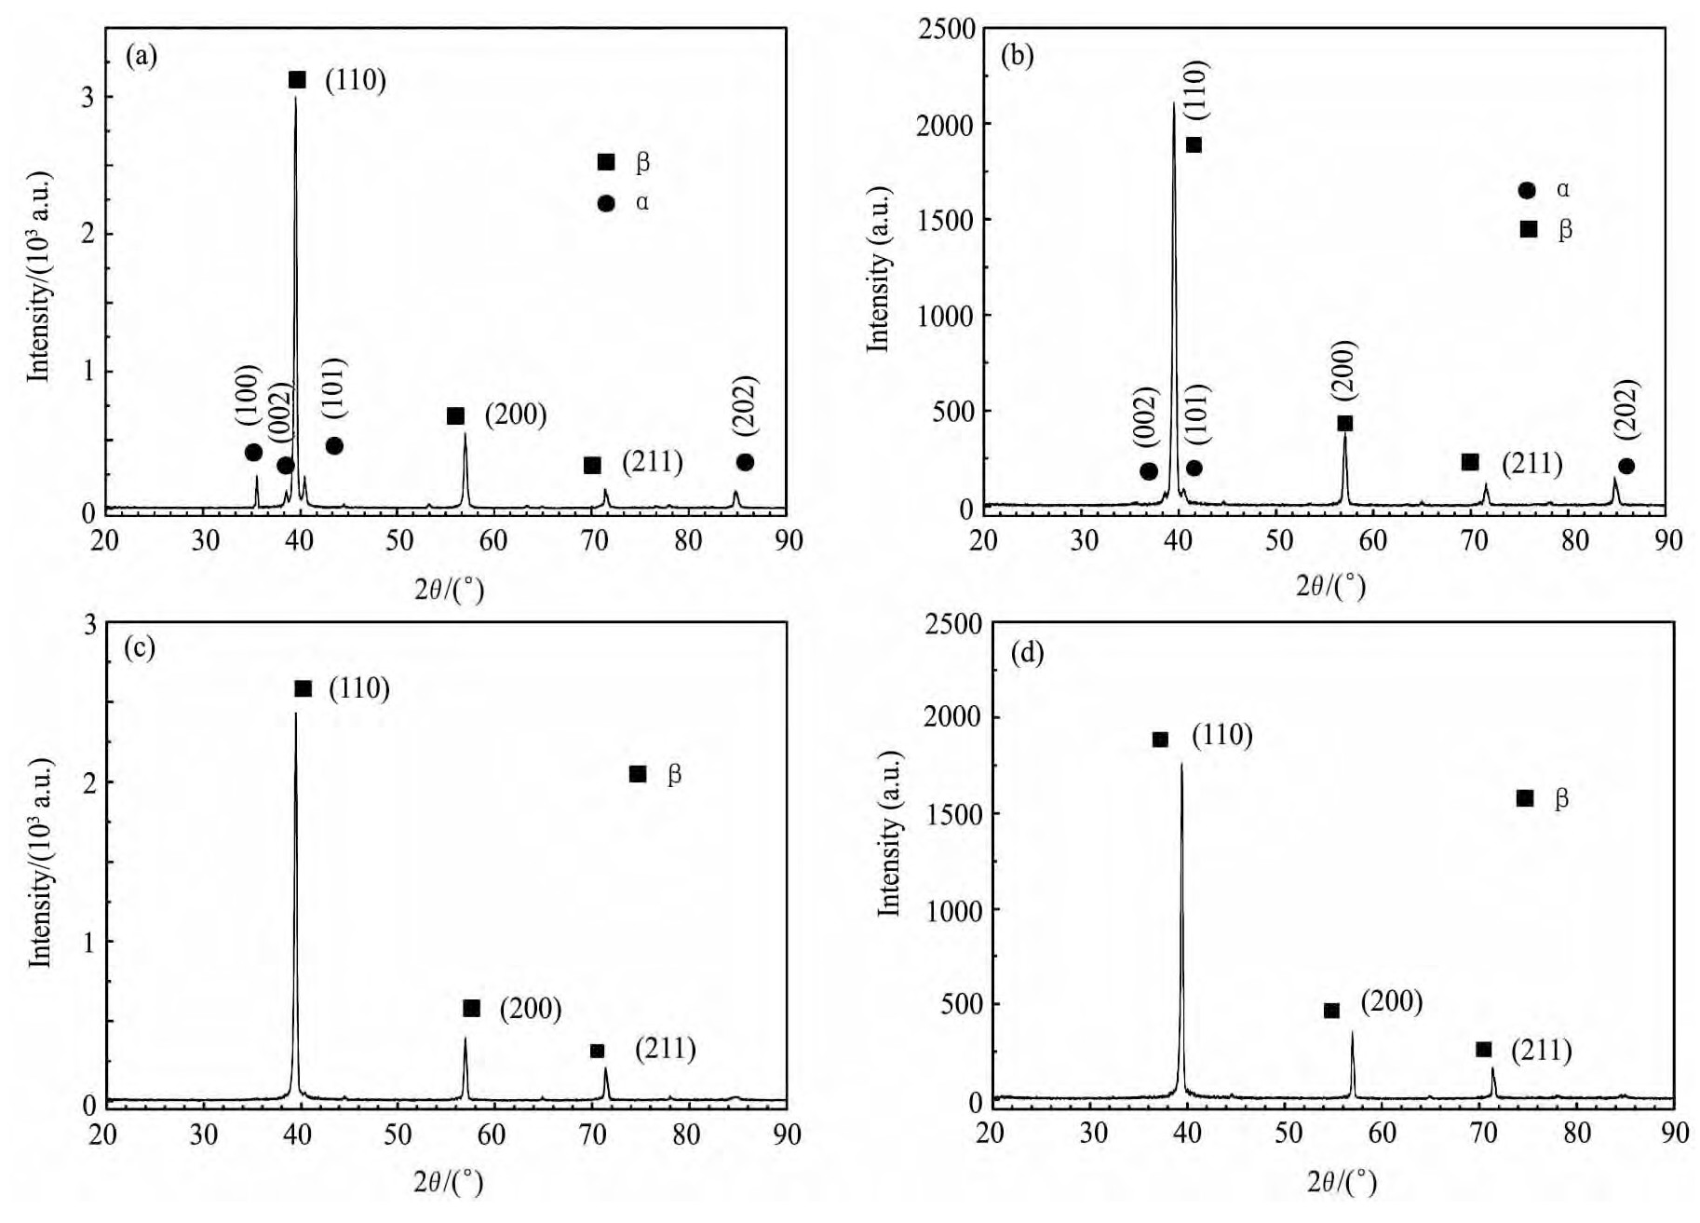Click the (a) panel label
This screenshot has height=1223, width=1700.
(142, 58)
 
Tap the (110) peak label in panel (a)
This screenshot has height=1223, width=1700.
(355, 81)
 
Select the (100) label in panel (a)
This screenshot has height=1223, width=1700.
(249, 395)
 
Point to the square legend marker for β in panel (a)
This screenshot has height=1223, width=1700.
(606, 162)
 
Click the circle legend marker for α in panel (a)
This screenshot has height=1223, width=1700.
(606, 203)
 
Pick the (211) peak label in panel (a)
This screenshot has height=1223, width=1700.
(652, 462)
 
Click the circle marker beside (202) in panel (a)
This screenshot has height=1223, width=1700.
(745, 462)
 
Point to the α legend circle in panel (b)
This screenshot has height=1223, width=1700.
(1527, 190)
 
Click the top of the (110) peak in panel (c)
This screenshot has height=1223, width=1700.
(296, 714)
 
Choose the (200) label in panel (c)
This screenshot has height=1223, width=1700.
(531, 1009)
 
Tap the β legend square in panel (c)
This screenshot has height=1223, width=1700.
(638, 774)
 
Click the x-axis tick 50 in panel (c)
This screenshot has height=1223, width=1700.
(398, 1135)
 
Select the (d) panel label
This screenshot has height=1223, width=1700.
(1027, 653)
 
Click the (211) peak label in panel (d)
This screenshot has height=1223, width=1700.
(1541, 1051)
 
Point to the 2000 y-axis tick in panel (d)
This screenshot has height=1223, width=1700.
(951, 717)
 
